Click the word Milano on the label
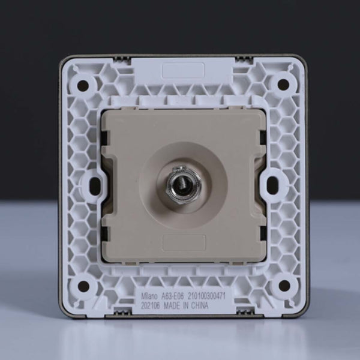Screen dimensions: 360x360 pos(149,296)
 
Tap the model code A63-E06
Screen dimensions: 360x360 pos(173,296)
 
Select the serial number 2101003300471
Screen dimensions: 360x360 pos(206,296)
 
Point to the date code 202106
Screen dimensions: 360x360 pos(150,306)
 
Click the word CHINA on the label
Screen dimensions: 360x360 pos(200,305)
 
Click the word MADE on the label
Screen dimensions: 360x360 pos(172,306)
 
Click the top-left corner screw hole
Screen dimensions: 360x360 pos(83,85)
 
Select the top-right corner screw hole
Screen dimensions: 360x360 pos(283,84)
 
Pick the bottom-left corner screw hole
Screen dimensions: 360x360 pos(83,286)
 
